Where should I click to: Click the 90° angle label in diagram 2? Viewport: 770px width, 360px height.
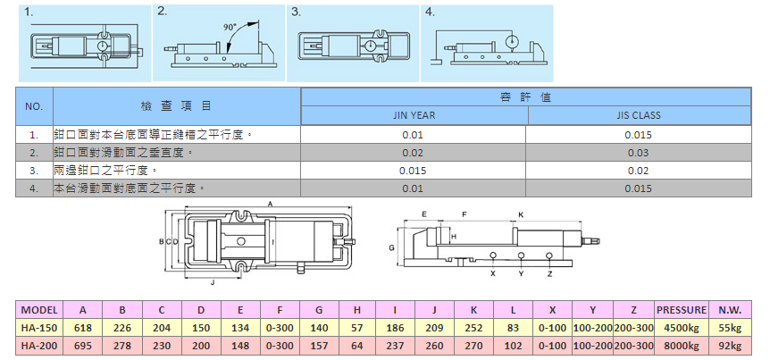[231, 27]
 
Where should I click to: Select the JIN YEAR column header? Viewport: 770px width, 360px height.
[414, 115]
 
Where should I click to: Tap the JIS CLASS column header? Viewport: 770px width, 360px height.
[639, 115]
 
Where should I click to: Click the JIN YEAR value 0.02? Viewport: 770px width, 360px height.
[413, 153]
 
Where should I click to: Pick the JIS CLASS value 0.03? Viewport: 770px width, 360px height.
[639, 153]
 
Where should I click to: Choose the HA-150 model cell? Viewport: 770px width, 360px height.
[38, 328]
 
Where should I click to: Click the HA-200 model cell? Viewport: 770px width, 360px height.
[38, 345]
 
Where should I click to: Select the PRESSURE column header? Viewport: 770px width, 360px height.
[682, 310]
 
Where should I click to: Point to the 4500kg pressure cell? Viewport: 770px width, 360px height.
[682, 328]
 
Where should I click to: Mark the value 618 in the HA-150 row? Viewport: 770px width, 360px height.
[83, 328]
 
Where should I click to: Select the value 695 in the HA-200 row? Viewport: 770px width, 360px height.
[83, 345]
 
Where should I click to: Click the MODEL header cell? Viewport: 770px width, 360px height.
[38, 310]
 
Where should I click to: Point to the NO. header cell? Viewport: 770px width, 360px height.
[35, 106]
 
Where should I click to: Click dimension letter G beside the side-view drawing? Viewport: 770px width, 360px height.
[392, 246]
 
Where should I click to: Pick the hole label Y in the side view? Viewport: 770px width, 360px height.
[521, 273]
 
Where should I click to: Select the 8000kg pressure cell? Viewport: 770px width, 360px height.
[682, 345]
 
